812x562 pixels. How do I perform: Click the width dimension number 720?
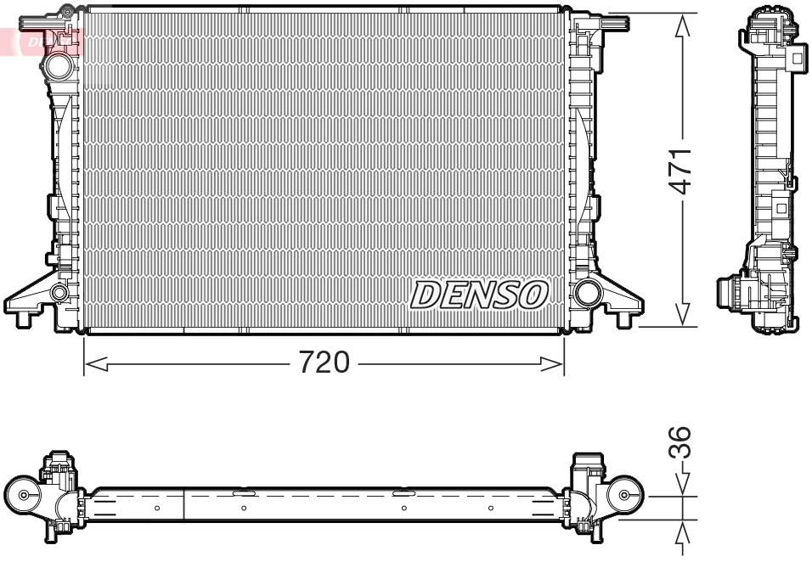pyautogui.click(x=324, y=363)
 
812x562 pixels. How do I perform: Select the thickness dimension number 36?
pyautogui.click(x=685, y=443)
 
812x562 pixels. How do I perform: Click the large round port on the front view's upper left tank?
pyautogui.click(x=59, y=65)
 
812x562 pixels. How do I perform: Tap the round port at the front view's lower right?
pyautogui.click(x=586, y=294)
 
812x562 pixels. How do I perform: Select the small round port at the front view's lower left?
pyautogui.click(x=59, y=294)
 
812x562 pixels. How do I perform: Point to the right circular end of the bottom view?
pyautogui.click(x=625, y=496)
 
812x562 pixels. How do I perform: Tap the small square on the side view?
pyautogui.click(x=781, y=207)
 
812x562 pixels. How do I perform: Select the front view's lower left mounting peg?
pyautogui.click(x=23, y=318)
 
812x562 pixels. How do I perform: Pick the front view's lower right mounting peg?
pyautogui.click(x=627, y=318)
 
